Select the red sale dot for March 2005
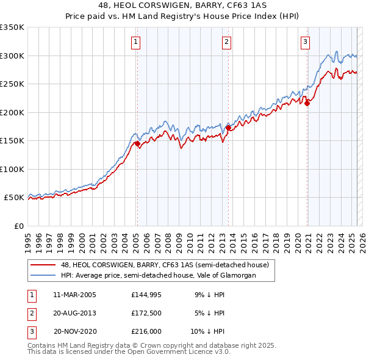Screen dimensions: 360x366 tap(137, 144)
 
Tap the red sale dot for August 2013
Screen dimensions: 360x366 tap(228, 128)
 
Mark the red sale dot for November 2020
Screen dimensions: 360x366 tap(307, 104)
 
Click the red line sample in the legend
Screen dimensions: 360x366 tap(43, 265)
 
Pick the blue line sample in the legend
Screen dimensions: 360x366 tap(43, 275)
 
